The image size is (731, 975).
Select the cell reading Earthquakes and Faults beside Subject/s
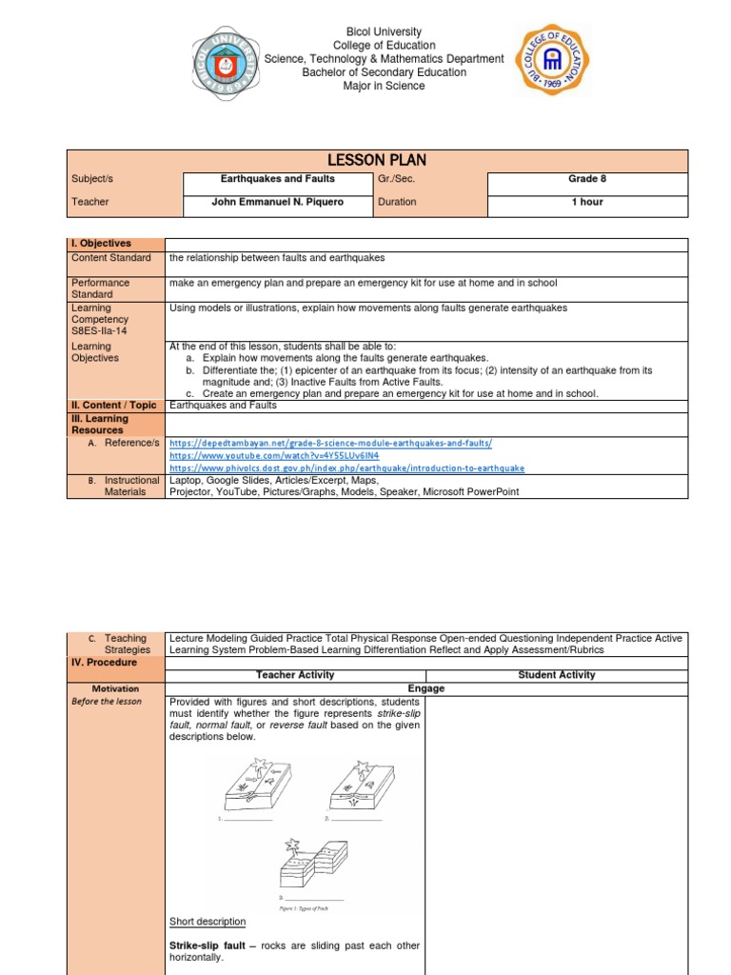click(x=278, y=179)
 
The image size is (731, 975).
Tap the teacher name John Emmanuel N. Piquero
click(x=277, y=202)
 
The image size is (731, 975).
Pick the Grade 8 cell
click(x=587, y=179)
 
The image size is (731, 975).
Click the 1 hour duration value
click(x=587, y=202)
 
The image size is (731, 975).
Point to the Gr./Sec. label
click(x=396, y=179)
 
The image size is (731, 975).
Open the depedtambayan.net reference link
click(x=330, y=444)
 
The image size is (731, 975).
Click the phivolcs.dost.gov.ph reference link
click(x=346, y=468)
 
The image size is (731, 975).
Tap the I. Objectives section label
click(x=102, y=244)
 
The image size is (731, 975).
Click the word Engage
click(x=426, y=688)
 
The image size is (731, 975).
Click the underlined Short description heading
click(x=207, y=922)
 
